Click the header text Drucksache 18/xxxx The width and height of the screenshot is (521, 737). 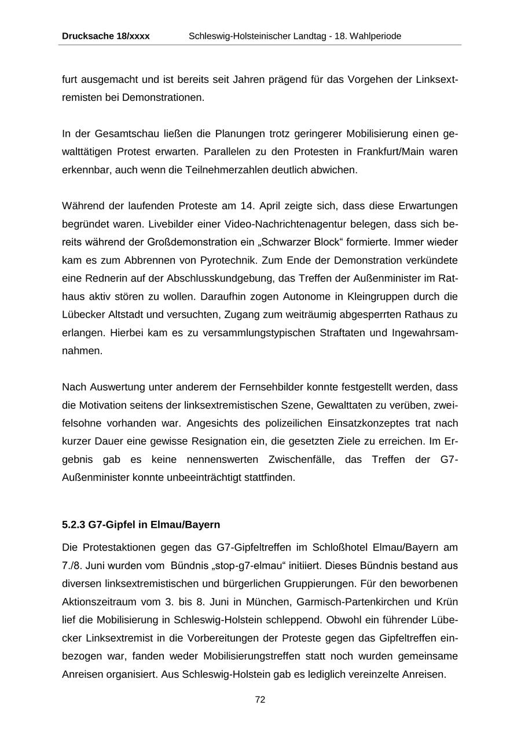click(105, 36)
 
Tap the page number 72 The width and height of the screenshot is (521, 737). click(260, 699)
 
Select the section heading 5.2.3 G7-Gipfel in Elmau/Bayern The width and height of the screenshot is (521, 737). click(141, 524)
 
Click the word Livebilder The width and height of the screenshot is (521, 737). click(172, 224)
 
